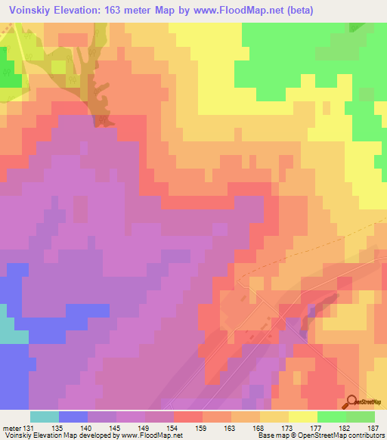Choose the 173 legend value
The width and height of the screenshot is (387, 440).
click(x=289, y=427)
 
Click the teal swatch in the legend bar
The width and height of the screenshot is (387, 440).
click(x=45, y=417)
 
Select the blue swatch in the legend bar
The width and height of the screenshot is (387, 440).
click(x=73, y=417)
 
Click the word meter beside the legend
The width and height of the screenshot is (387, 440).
click(x=11, y=427)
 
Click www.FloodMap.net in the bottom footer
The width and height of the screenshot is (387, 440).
click(x=154, y=435)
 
